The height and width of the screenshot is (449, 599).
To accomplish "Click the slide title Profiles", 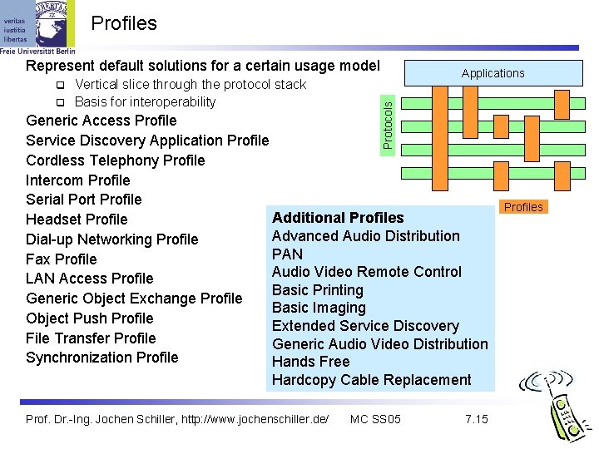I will coord(124,23).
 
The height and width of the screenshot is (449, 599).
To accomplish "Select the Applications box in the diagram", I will coord(493,73).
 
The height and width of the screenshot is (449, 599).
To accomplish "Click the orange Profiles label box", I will coord(523,207).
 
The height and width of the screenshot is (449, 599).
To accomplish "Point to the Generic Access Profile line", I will coord(101,121).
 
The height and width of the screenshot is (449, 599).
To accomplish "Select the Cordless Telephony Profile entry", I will coord(115,160).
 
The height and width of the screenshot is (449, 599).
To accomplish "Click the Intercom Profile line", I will coord(78,180).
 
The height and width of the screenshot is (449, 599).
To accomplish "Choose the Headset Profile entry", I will coord(77,220).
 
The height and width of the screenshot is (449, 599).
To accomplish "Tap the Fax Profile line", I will coord(62,259).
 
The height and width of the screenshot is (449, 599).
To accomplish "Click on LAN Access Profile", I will coord(90,279).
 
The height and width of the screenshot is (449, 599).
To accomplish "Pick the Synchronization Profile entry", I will coord(102,358).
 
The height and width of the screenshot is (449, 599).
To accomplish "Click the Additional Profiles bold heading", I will coord(338,218).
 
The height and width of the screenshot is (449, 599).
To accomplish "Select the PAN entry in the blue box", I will coord(287,254).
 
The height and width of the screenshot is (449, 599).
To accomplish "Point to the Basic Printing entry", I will coord(318,290).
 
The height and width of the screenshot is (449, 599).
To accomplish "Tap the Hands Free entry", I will coord(310,362).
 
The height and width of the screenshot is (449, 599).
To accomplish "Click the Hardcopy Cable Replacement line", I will coord(371,380).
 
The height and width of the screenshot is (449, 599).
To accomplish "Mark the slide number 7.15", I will coord(477,419).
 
